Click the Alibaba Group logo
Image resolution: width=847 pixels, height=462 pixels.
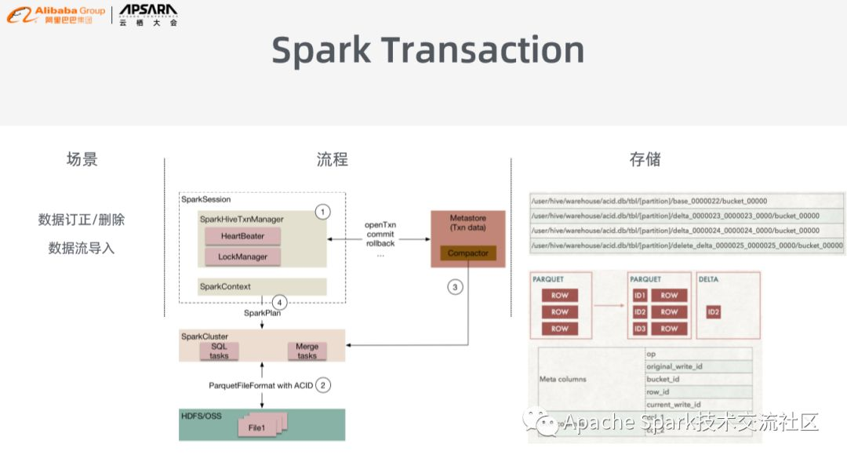pyautogui.click(x=56, y=14)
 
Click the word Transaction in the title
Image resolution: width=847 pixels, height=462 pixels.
pyautogui.click(x=483, y=49)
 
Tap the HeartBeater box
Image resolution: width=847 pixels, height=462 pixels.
pyautogui.click(x=242, y=236)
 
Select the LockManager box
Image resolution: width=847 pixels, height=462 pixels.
pyautogui.click(x=243, y=256)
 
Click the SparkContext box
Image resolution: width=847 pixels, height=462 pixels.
pyautogui.click(x=262, y=286)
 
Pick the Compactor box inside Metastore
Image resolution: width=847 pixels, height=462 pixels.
pyautogui.click(x=468, y=253)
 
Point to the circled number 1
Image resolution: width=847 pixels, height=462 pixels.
pyautogui.click(x=322, y=211)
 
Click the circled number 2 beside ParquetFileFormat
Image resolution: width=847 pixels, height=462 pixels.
pyautogui.click(x=323, y=385)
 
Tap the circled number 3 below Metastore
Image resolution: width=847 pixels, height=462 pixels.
pyautogui.click(x=455, y=287)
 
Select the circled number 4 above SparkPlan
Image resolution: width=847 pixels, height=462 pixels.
pyautogui.click(x=279, y=301)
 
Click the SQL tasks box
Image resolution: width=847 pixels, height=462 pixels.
pyautogui.click(x=219, y=351)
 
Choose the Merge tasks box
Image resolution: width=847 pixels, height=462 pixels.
pyautogui.click(x=307, y=351)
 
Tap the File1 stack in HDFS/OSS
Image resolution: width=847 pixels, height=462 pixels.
pyautogui.click(x=259, y=427)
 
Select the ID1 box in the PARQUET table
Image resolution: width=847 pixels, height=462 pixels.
pyautogui.click(x=641, y=295)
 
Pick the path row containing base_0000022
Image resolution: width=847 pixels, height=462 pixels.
pyautogui.click(x=687, y=201)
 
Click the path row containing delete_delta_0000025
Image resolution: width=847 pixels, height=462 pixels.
pyautogui.click(x=687, y=246)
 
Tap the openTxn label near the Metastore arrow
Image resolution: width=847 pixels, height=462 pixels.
pyautogui.click(x=380, y=224)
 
